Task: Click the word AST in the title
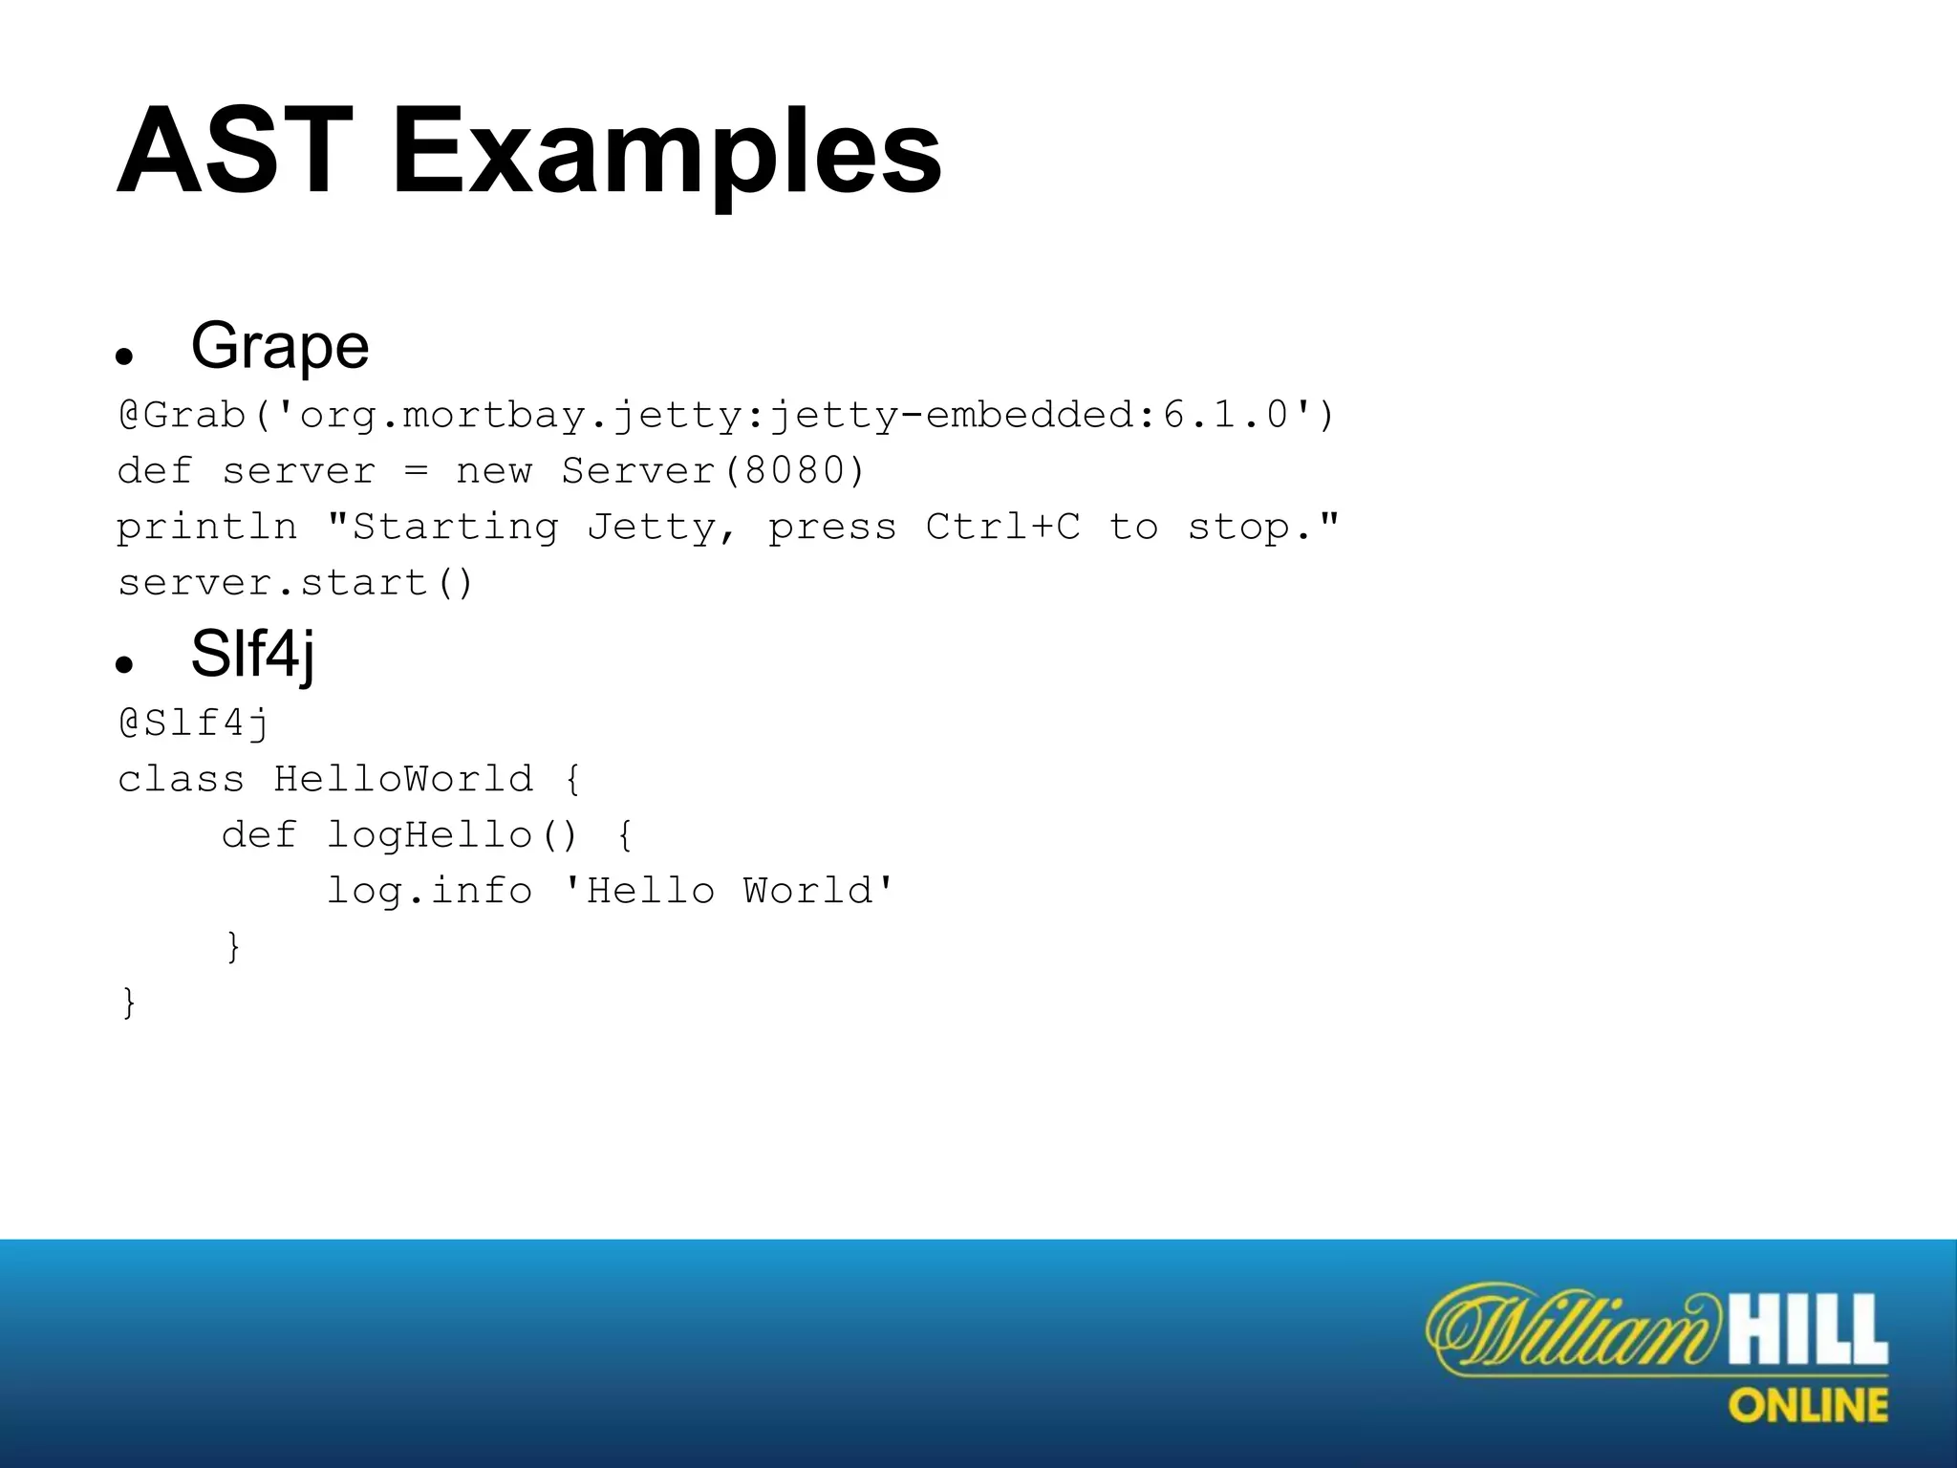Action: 234,153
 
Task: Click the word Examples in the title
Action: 667,153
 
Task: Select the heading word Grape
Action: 280,346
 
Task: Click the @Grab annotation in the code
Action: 182,416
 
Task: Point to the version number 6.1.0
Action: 1226,416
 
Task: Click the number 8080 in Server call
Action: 795,471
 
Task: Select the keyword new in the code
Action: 493,471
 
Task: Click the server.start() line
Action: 295,583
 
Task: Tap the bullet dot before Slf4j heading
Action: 123,665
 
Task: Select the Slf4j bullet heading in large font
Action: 252,656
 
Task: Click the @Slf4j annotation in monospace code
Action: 194,723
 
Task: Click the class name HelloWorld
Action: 403,779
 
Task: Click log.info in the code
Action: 429,891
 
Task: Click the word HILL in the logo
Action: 1807,1331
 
